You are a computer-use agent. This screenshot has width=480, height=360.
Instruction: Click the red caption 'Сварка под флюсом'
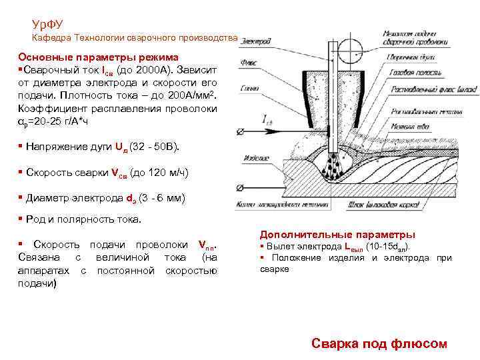coord(379,343)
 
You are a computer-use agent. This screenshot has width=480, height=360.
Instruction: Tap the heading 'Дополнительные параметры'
coord(337,235)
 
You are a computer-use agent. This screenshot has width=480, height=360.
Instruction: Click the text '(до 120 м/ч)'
coord(159,173)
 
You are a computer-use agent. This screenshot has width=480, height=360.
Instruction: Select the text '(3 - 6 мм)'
coord(163,199)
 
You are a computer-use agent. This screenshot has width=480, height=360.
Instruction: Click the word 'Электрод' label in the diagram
coord(257,42)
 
